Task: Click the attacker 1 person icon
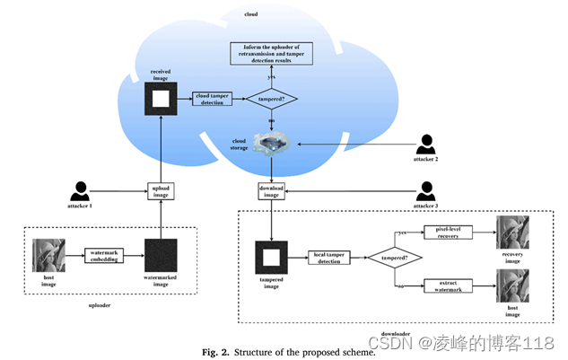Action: [x=80, y=191]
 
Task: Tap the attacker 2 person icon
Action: [x=426, y=144]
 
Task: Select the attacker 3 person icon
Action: [x=426, y=190]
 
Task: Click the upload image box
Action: [x=162, y=191]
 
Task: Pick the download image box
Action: [x=271, y=191]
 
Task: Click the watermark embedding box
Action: [x=109, y=256]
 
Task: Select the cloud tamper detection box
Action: [x=211, y=100]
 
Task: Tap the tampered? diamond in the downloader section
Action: [x=396, y=258]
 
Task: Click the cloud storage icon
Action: [x=270, y=144]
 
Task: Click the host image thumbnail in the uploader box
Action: [x=48, y=255]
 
